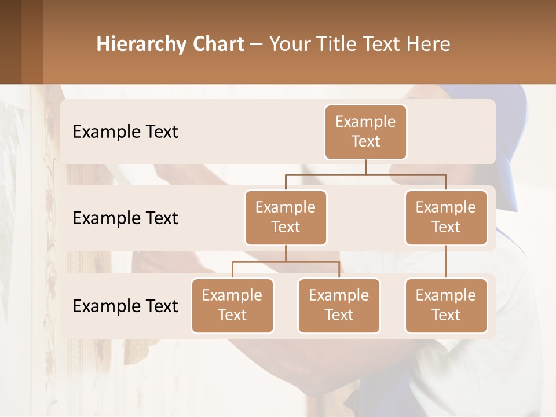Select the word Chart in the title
(217, 44)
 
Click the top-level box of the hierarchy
(365, 131)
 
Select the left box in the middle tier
(286, 217)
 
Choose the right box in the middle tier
(446, 217)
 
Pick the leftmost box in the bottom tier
(232, 305)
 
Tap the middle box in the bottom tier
(339, 305)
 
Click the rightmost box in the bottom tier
(446, 305)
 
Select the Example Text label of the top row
(125, 131)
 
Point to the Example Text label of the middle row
(125, 218)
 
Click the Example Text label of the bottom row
(125, 306)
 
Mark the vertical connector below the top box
(365, 167)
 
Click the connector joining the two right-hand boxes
(446, 261)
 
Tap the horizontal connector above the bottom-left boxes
(286, 262)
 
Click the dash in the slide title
(257, 45)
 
